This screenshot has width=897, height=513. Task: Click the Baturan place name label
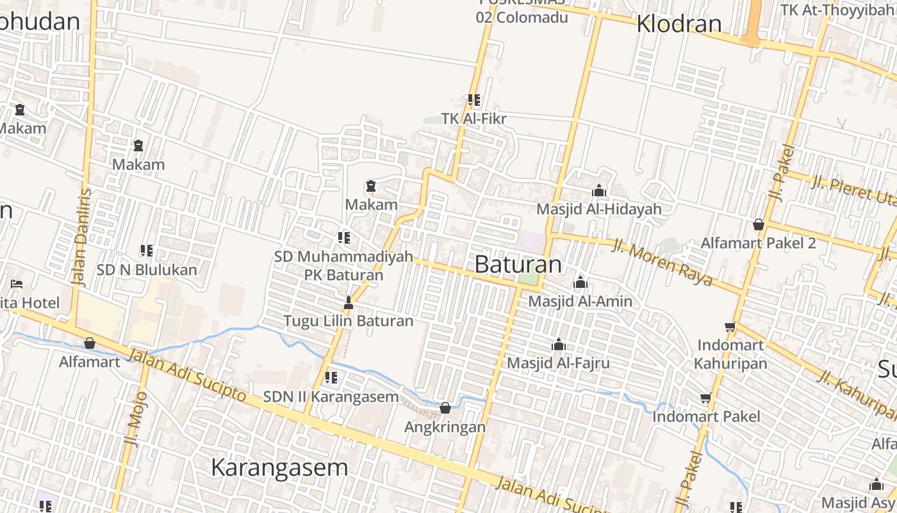[518, 264]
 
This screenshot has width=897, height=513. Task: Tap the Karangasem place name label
[279, 467]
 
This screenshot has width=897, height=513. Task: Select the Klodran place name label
[679, 24]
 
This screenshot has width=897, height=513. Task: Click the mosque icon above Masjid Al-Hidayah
[599, 190]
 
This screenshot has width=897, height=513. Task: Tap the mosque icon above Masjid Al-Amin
[580, 282]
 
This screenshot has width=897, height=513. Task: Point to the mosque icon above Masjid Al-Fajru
[559, 344]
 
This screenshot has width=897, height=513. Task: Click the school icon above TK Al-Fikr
[474, 100]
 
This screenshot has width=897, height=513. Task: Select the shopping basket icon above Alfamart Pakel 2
[759, 224]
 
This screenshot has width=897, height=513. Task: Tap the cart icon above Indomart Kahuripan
[730, 326]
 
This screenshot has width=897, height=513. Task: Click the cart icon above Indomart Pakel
[706, 398]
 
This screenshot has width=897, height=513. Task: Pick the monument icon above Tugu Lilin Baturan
[349, 302]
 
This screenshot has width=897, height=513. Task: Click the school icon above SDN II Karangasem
[331, 378]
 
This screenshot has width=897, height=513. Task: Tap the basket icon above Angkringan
[445, 408]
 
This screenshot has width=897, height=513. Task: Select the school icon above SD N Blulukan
[147, 251]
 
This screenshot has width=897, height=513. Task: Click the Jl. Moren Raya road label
[662, 262]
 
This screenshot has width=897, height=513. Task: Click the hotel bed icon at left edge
[17, 283]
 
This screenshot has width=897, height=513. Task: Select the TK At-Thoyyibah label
[838, 10]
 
